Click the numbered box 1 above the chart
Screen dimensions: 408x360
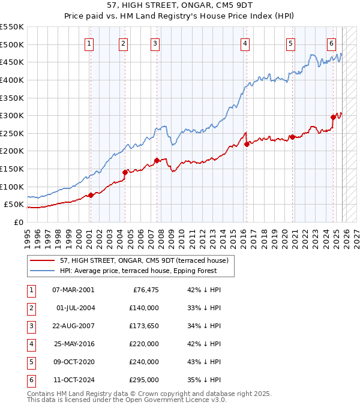click(x=89, y=43)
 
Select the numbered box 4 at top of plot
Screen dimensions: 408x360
click(x=246, y=43)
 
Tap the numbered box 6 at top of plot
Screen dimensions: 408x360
click(x=331, y=43)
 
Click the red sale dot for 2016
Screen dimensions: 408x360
click(x=247, y=144)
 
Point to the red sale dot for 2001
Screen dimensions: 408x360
click(x=91, y=195)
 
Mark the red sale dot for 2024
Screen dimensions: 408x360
click(x=334, y=118)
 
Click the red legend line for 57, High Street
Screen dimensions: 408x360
click(x=42, y=261)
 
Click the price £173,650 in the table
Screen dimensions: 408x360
click(x=144, y=326)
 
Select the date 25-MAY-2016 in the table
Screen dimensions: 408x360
click(x=73, y=344)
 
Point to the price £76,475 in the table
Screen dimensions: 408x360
click(x=146, y=290)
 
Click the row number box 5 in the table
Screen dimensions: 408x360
click(x=29, y=362)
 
